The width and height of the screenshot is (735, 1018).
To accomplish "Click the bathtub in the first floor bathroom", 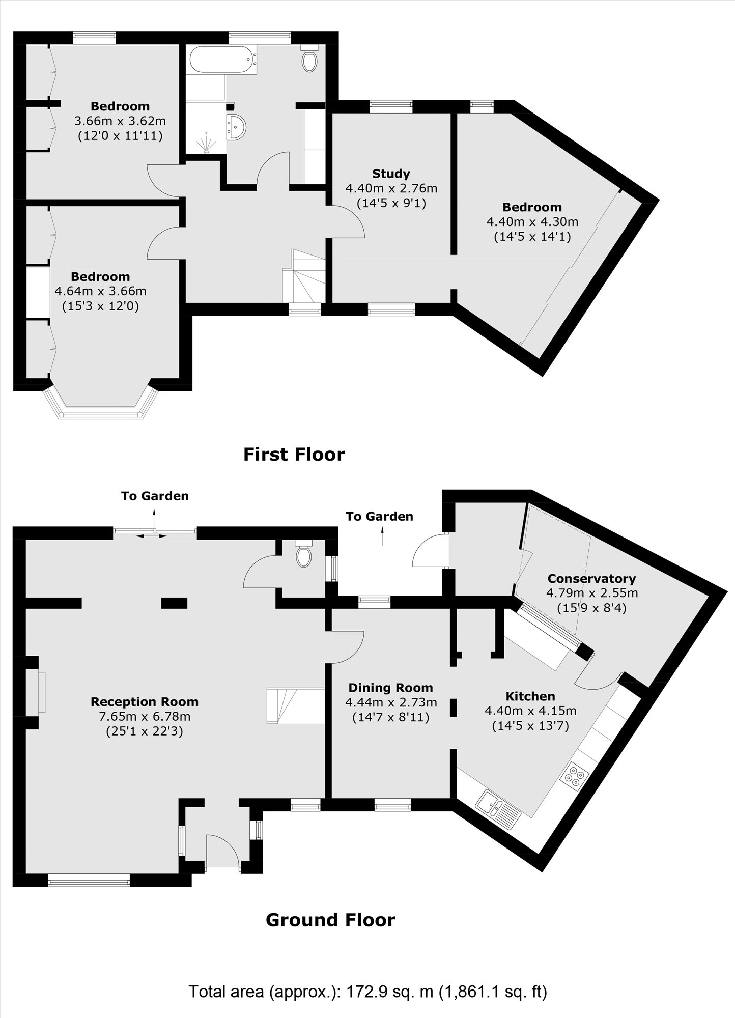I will coord(222,60).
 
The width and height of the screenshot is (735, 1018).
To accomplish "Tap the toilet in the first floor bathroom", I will coord(309,59).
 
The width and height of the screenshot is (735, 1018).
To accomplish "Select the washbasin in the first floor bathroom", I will coord(237,126).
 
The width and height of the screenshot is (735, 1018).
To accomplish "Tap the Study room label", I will coord(391,174).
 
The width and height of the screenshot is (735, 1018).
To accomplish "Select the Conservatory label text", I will coord(591,578).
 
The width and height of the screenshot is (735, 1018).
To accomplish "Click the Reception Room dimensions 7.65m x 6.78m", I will coord(145,717).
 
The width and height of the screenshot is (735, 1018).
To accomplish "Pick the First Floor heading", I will coord(294,454).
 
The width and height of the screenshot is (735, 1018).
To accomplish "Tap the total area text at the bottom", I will coord(367,991).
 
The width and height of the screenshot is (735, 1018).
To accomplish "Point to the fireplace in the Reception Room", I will coord(41,692).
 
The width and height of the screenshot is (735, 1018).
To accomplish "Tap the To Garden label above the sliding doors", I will coord(155,496).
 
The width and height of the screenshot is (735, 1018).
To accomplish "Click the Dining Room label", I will coord(390,688).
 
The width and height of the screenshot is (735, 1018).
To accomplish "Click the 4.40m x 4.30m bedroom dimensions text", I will coord(532,222).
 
